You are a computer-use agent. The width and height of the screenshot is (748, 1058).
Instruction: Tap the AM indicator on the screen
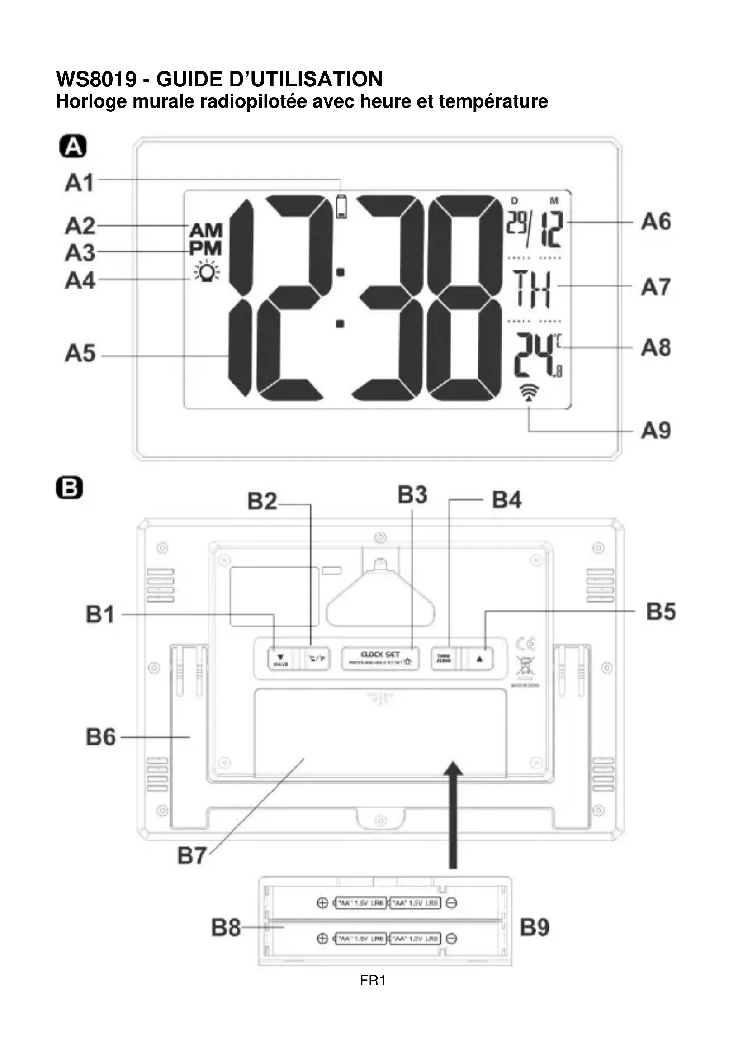point(206,230)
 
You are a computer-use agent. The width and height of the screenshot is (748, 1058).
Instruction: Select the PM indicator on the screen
point(205,249)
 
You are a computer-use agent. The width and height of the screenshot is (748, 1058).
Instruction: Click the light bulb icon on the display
point(207,271)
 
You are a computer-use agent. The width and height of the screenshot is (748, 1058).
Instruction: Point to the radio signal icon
point(529,392)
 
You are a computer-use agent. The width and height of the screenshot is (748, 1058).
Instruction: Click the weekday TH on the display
point(532,289)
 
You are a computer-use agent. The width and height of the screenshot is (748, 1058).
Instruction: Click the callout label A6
point(656,222)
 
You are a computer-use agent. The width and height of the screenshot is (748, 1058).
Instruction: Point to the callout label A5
point(80,353)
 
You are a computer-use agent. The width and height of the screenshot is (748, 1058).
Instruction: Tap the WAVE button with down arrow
point(280,659)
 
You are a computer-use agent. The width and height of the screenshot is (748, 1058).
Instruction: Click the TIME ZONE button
point(444,659)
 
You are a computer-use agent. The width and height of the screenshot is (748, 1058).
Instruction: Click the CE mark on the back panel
point(525,644)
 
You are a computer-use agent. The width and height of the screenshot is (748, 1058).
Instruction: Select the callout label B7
point(192,856)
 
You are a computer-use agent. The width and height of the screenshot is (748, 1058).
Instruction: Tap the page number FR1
point(373,980)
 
